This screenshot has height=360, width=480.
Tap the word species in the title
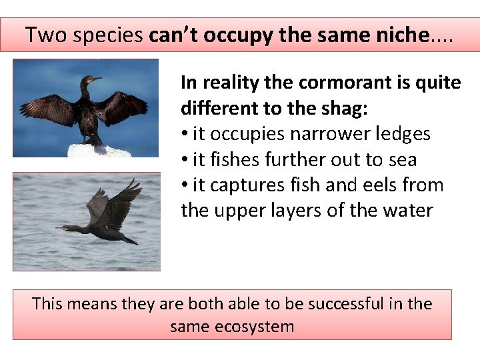coord(107,35)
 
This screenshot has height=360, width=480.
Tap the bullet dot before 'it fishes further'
coord(185,161)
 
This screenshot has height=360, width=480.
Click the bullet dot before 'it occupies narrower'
coord(185,135)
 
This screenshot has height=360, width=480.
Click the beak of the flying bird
coord(60,228)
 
